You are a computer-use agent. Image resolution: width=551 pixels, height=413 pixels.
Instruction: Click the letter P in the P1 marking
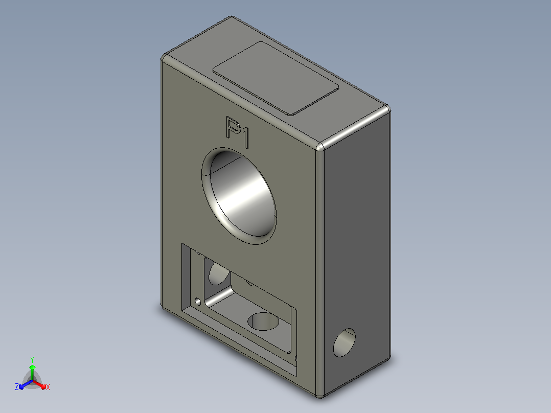233,127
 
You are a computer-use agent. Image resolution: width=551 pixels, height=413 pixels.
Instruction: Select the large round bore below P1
239,196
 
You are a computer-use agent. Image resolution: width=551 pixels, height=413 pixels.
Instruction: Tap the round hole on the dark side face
345,342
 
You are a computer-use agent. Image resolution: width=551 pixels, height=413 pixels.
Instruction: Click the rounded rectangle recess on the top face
276,78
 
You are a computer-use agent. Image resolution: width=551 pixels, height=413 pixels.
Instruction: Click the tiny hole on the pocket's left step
198,302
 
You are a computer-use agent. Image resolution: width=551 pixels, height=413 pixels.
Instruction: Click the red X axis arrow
39,384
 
